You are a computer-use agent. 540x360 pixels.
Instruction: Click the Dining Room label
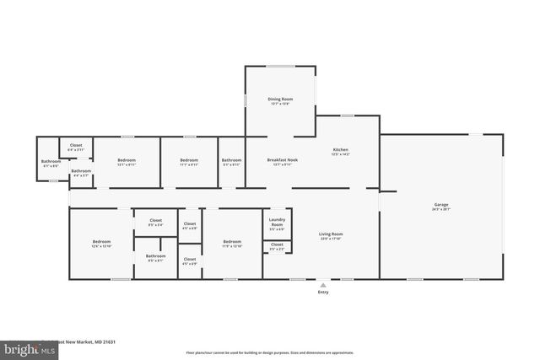(280, 100)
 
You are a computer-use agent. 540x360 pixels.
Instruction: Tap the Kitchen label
(340, 151)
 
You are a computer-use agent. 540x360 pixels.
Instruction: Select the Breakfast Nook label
(280, 161)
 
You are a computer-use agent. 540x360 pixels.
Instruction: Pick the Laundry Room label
(277, 223)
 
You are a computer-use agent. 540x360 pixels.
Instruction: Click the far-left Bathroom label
(51, 163)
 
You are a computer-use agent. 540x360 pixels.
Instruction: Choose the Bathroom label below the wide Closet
(155, 257)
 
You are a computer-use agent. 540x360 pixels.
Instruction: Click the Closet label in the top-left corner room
(76, 146)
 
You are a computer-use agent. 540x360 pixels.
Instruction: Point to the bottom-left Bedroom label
(101, 244)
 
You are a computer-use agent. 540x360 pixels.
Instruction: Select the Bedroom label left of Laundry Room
(232, 244)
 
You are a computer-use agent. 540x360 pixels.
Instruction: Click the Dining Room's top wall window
(280, 67)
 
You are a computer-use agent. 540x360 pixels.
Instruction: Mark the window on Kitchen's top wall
(347, 116)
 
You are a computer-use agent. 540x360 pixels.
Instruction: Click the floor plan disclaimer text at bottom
(269, 352)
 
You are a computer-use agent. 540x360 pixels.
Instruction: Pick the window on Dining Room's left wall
(246, 99)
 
